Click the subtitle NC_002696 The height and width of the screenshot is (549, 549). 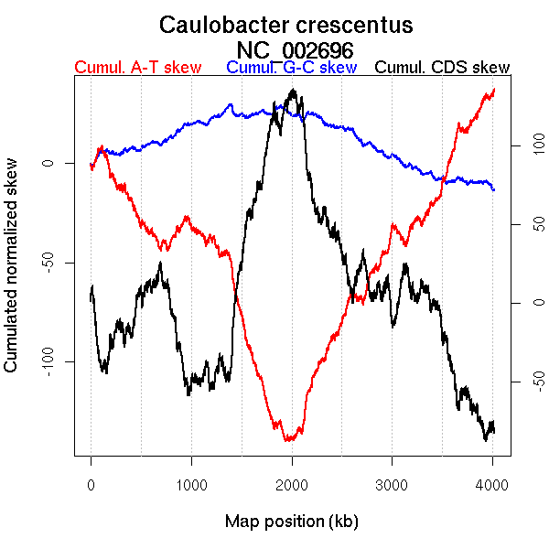click(x=295, y=49)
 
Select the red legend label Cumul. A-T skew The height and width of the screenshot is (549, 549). click(x=137, y=68)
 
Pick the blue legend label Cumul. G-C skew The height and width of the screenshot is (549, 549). click(x=290, y=68)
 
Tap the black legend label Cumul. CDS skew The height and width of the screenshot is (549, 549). click(x=443, y=68)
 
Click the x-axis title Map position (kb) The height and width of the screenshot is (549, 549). click(x=291, y=522)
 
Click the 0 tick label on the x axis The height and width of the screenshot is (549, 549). click(x=91, y=486)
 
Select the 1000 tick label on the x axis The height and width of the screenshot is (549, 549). click(x=191, y=486)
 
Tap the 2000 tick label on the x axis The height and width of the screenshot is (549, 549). click(x=292, y=486)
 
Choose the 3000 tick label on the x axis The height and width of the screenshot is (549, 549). click(x=392, y=486)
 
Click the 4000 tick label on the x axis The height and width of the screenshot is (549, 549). click(x=492, y=486)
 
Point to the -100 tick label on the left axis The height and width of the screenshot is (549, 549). click(x=48, y=361)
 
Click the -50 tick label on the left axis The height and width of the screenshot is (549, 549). click(x=48, y=263)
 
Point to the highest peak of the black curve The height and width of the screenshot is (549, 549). click(x=293, y=90)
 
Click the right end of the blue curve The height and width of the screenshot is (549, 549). click(x=494, y=189)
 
